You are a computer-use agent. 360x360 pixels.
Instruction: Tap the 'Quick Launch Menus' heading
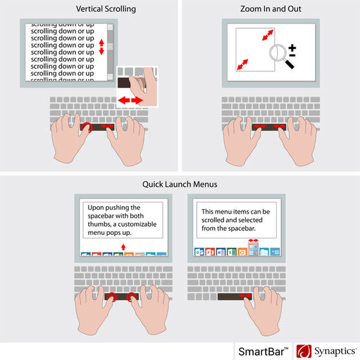(x=180, y=184)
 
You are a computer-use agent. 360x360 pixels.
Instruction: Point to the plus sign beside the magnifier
(x=292, y=48)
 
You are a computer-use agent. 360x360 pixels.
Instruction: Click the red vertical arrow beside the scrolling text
(x=102, y=47)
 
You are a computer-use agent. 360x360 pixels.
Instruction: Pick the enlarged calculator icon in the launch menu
(x=253, y=249)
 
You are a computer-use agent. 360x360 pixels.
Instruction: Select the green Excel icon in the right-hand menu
(x=231, y=252)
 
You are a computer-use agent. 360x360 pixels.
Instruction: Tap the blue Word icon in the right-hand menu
(x=221, y=252)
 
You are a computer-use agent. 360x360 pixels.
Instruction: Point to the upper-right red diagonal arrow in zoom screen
(x=268, y=35)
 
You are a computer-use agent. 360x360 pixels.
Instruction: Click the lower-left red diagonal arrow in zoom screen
(x=243, y=64)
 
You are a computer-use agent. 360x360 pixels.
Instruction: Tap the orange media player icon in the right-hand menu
(x=242, y=252)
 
